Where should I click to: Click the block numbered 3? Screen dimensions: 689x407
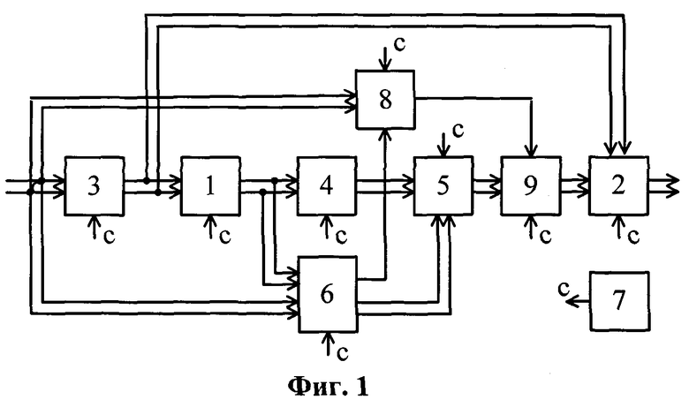tap(94, 185)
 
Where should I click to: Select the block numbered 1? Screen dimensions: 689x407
tap(210, 185)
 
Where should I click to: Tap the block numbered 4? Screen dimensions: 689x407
tap(327, 185)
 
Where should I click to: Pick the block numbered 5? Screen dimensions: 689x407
tap(443, 185)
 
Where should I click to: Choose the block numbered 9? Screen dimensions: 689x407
tap(531, 185)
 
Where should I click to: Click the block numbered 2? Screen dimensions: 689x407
tap(618, 185)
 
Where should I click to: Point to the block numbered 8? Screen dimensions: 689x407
tap(385, 100)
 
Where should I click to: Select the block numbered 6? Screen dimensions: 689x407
tap(328, 294)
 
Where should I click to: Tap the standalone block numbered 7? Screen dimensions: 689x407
tap(619, 301)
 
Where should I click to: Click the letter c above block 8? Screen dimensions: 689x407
tap(399, 44)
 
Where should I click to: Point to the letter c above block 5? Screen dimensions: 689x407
tap(458, 131)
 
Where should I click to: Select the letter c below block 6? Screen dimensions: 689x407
tap(343, 353)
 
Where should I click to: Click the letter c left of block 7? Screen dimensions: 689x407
tap(564, 289)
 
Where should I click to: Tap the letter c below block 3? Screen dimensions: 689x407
tap(109, 237)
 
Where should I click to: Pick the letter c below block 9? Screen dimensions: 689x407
tap(545, 237)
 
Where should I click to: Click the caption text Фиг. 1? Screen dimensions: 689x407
tap(329, 387)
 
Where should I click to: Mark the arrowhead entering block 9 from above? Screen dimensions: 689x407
tap(531, 152)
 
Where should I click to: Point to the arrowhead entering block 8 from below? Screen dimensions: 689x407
tap(385, 134)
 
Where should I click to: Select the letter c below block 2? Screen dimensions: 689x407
tap(633, 237)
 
